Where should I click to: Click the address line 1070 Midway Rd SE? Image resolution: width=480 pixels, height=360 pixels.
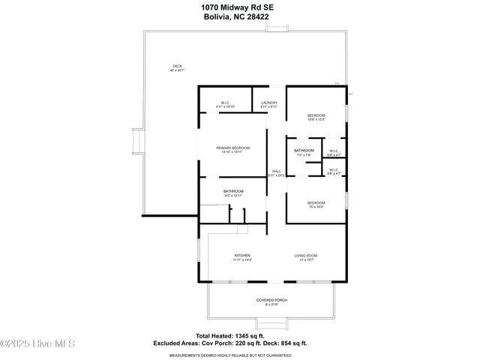pyautogui.click(x=240, y=7)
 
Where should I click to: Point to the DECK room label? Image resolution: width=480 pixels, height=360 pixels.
pyautogui.click(x=177, y=68)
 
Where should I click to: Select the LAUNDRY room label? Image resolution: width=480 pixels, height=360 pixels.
pyautogui.click(x=269, y=104)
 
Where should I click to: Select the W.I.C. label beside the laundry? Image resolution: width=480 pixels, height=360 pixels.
pyautogui.click(x=226, y=104)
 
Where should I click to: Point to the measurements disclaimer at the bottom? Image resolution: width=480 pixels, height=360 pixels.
pyautogui.click(x=240, y=355)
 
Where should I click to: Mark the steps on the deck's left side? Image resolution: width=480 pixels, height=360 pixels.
pyautogui.click(x=136, y=142)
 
